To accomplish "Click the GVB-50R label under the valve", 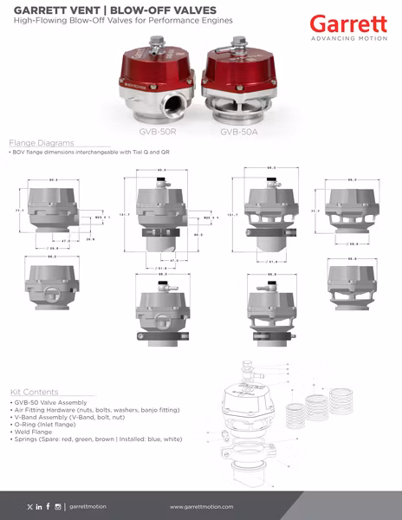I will pos(159,133).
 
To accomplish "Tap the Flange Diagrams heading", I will pos(41,142).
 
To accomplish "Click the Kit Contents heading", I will pos(35,392).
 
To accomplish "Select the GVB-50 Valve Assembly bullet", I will pos(54,403).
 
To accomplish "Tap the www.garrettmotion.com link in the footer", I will pos(204,506).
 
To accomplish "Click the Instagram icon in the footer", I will pos(57,506).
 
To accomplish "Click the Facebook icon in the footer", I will pos(48,506).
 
